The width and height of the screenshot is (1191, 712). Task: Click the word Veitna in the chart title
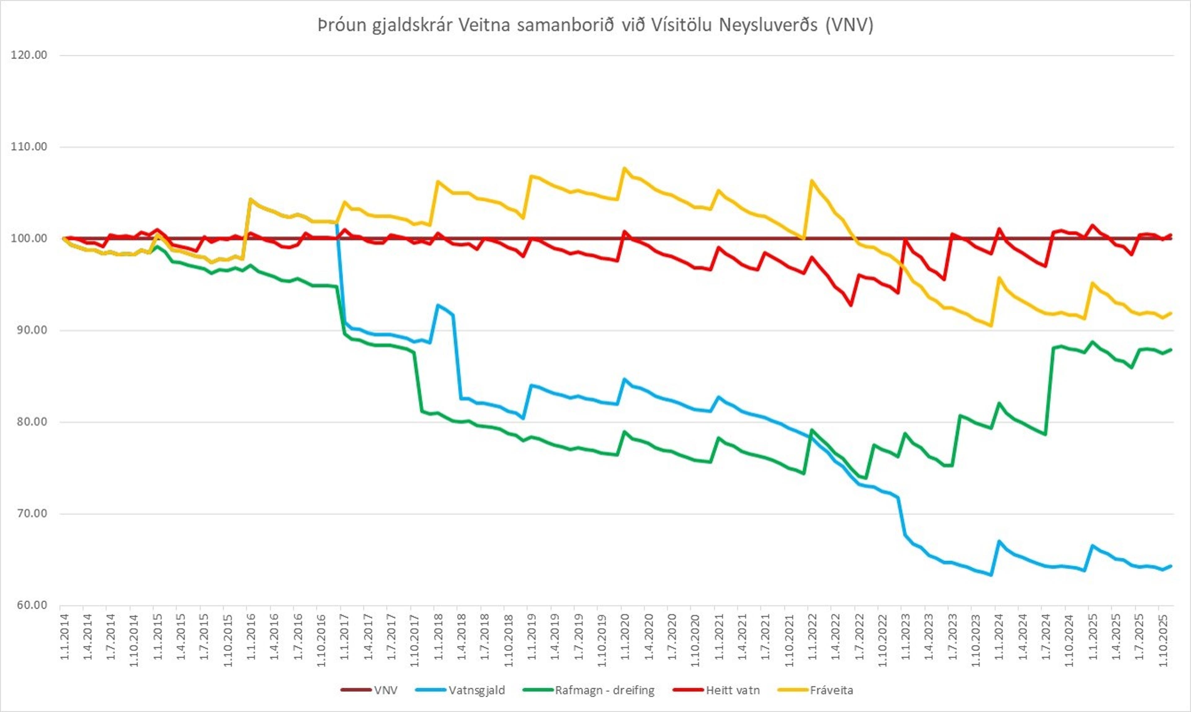point(484,25)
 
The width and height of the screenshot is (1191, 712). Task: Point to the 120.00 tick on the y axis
point(29,55)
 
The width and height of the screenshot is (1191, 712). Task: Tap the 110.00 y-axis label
point(29,147)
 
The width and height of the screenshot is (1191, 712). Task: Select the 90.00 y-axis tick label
point(29,330)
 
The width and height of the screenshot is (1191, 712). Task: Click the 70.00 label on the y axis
point(29,513)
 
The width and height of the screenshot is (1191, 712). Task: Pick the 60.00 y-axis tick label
point(29,605)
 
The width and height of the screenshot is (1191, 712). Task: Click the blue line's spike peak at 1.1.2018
point(437,305)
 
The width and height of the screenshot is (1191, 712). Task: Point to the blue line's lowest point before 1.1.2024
point(991,575)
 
